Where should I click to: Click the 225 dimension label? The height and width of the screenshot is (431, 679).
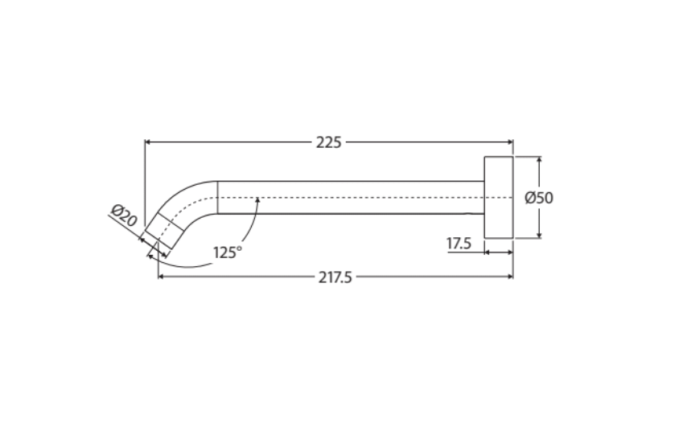point(328,142)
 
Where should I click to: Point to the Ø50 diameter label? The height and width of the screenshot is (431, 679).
point(539,198)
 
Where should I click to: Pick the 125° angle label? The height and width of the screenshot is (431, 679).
point(228,252)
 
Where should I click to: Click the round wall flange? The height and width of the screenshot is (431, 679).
point(498,197)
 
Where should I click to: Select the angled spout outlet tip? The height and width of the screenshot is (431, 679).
point(159,235)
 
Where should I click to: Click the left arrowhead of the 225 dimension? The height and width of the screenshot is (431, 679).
point(149,142)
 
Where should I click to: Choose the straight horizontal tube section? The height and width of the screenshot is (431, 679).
point(351,197)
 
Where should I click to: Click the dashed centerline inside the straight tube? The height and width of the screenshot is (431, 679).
point(362,197)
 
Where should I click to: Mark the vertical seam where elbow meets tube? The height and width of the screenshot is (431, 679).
point(218,197)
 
